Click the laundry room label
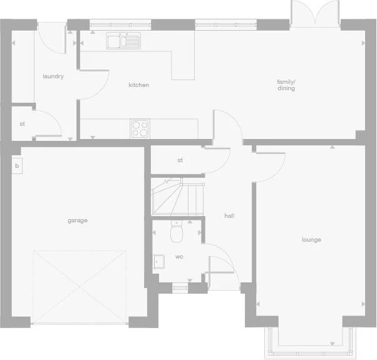(x=53, y=76)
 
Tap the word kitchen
(x=139, y=85)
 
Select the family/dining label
(x=286, y=85)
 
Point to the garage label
(x=78, y=220)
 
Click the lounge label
(x=311, y=240)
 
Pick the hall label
(x=229, y=216)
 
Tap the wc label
(x=179, y=257)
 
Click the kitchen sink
(x=123, y=41)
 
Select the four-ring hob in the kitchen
(x=140, y=128)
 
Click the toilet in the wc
(x=177, y=234)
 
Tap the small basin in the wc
(x=158, y=262)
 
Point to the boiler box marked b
(x=17, y=167)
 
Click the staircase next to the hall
(x=177, y=197)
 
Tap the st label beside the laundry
(x=22, y=124)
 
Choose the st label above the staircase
(x=180, y=160)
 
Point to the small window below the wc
(x=180, y=287)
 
